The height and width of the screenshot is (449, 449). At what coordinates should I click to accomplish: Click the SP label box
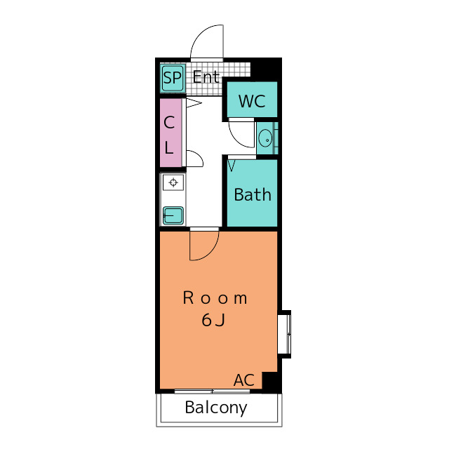172,78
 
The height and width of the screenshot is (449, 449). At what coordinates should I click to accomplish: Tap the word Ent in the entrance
206,77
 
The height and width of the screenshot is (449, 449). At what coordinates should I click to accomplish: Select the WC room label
252,101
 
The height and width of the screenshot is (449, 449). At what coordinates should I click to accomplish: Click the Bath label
253,195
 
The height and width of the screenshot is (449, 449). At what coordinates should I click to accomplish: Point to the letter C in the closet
169,123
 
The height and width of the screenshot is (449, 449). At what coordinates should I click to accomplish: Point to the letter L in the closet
169,147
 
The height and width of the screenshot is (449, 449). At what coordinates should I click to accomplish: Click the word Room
215,298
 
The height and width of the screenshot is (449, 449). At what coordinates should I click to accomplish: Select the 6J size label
213,320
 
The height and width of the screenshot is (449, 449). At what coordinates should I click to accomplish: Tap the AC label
244,380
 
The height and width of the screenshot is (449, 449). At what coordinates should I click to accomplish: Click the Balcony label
216,408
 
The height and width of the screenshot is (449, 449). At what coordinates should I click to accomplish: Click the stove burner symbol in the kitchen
173,182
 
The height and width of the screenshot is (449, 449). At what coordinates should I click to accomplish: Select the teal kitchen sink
173,215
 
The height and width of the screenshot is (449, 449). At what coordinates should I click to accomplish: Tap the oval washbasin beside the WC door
265,138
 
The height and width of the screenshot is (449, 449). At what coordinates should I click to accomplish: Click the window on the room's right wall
285,334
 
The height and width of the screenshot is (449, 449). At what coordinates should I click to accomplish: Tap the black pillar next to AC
271,382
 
